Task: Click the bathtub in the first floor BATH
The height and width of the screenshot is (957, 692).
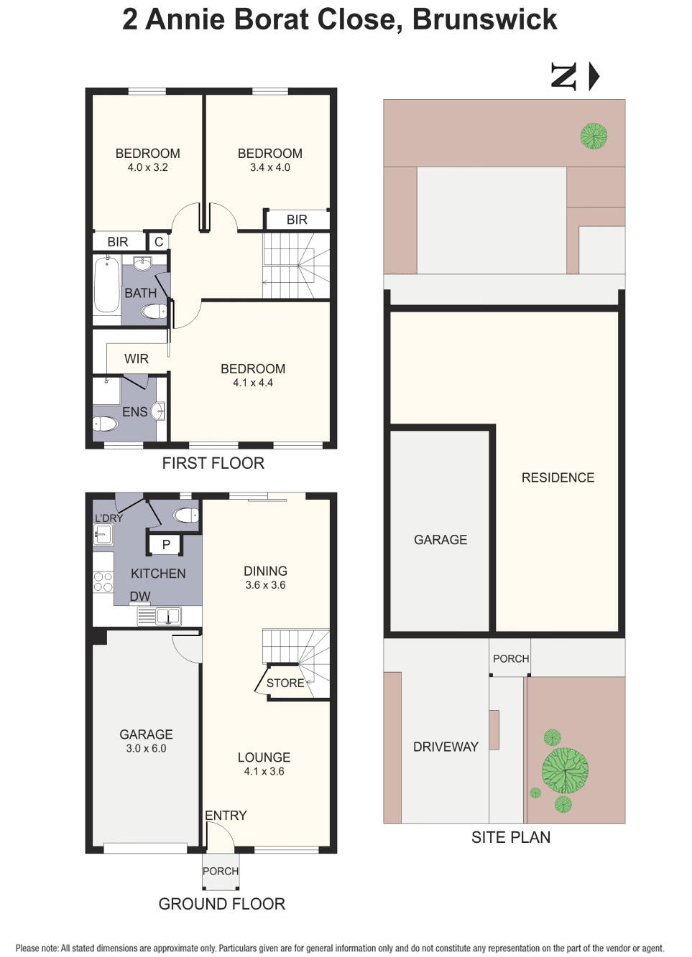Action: coord(106,284)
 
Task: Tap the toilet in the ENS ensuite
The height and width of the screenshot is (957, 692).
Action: coord(105,424)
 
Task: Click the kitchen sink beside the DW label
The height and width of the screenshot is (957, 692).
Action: coord(169,616)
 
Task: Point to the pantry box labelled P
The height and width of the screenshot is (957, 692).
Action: coord(166,545)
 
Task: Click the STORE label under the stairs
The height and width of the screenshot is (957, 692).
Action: coord(285,683)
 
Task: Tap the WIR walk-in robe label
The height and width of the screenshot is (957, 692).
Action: coord(137,358)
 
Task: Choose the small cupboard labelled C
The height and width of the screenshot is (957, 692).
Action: coord(159,242)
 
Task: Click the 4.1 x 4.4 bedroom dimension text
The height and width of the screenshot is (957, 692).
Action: coord(253,383)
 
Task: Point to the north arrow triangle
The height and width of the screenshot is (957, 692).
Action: coord(594,77)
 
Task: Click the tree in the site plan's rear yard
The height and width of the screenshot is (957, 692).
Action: coord(594,136)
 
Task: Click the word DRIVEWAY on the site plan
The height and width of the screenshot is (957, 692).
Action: coord(446,747)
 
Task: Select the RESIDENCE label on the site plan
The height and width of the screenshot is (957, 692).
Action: coord(558,477)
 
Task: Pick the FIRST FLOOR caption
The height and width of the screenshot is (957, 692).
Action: coord(213,463)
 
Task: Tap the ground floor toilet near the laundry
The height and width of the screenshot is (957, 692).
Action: coord(186,515)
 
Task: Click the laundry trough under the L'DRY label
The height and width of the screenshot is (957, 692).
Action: coord(103,534)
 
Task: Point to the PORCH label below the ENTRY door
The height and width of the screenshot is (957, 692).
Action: coord(221,871)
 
